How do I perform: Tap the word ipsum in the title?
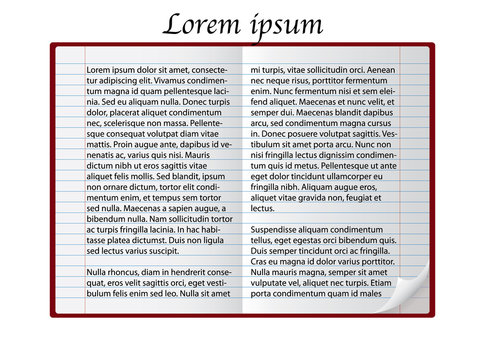[284, 26]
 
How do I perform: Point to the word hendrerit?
[190, 272]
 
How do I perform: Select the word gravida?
[320, 197]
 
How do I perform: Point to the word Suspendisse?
[285, 229]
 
